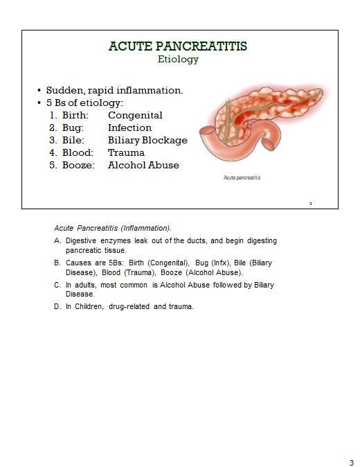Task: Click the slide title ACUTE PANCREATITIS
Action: pos(178,46)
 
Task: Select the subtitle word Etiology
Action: pos(178,60)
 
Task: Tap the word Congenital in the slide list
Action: pos(135,115)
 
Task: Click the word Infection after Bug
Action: pos(129,127)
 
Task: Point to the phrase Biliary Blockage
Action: pos(147,140)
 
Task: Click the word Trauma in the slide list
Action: pos(126,152)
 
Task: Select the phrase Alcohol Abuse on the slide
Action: pos(143,165)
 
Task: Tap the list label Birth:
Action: pos(75,115)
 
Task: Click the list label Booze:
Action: pos(78,165)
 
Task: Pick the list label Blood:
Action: pos(78,152)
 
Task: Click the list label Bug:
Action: pos(73,127)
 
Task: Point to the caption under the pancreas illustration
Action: pos(242,178)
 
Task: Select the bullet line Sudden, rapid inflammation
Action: pos(114,90)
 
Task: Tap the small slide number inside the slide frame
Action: pos(311,204)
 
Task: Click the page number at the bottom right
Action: pos(351,462)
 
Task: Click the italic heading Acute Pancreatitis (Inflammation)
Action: pos(113,228)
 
